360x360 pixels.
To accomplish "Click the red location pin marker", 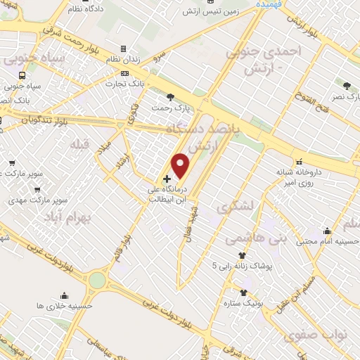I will coord(181,165).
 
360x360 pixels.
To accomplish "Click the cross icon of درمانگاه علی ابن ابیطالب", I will coord(167,179).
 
